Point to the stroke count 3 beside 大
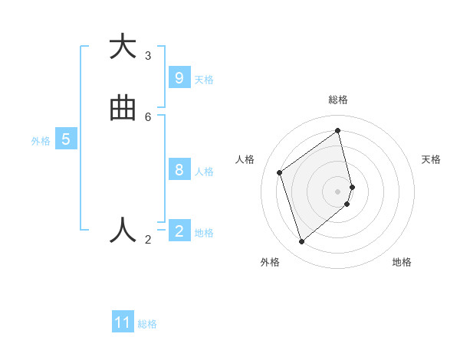[148, 56]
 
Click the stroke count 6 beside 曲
[148, 117]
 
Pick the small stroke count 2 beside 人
[148, 240]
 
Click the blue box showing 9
[179, 78]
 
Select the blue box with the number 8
[179, 170]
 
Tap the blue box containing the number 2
[179, 231]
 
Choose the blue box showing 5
[66, 139]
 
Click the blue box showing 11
[123, 322]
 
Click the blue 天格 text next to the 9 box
[204, 80]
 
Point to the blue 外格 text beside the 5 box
[41, 141]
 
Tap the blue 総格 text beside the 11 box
[147, 324]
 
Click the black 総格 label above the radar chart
[338, 100]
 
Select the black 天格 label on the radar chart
[431, 159]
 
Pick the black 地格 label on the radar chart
[402, 262]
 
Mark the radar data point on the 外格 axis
[301, 242]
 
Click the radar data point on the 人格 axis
[280, 172]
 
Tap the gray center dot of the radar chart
[338, 191]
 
